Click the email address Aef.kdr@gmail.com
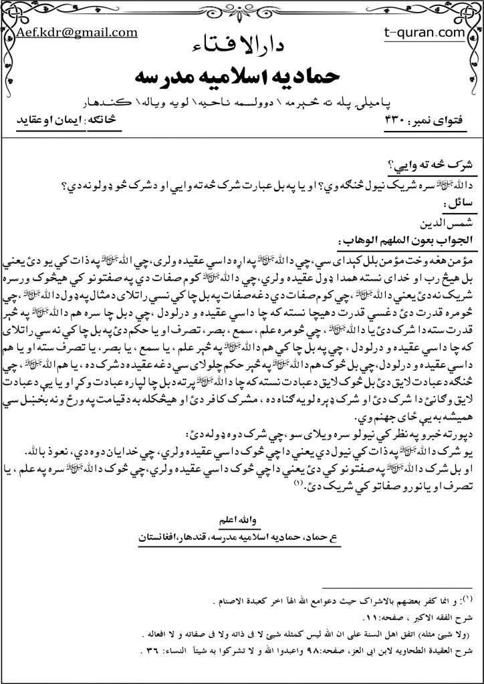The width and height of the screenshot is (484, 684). tap(78, 32)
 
